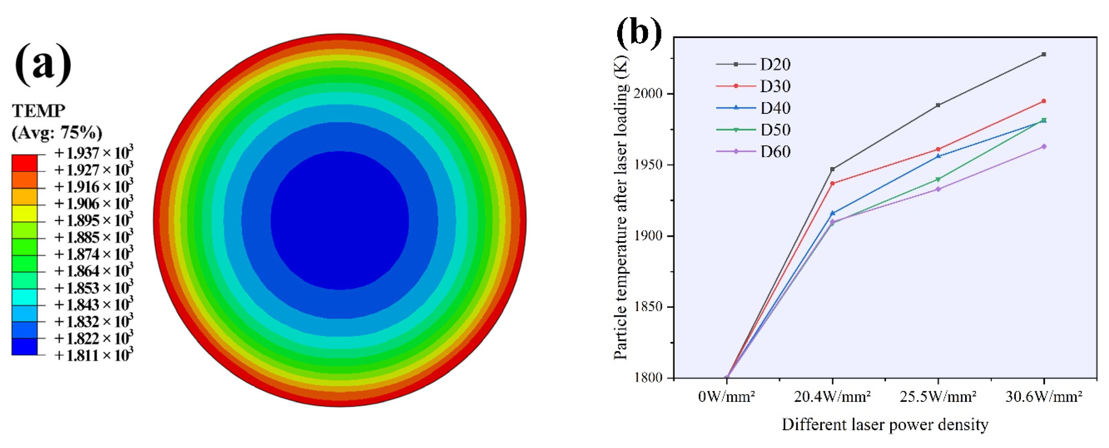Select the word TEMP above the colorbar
click(x=38, y=111)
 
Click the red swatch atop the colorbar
click(x=25, y=163)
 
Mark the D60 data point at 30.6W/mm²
click(x=1043, y=146)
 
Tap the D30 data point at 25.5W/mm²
click(x=938, y=149)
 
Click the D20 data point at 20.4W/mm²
click(x=832, y=169)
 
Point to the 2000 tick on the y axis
click(x=648, y=94)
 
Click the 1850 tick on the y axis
click(x=648, y=307)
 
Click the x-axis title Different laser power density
click(x=885, y=425)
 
